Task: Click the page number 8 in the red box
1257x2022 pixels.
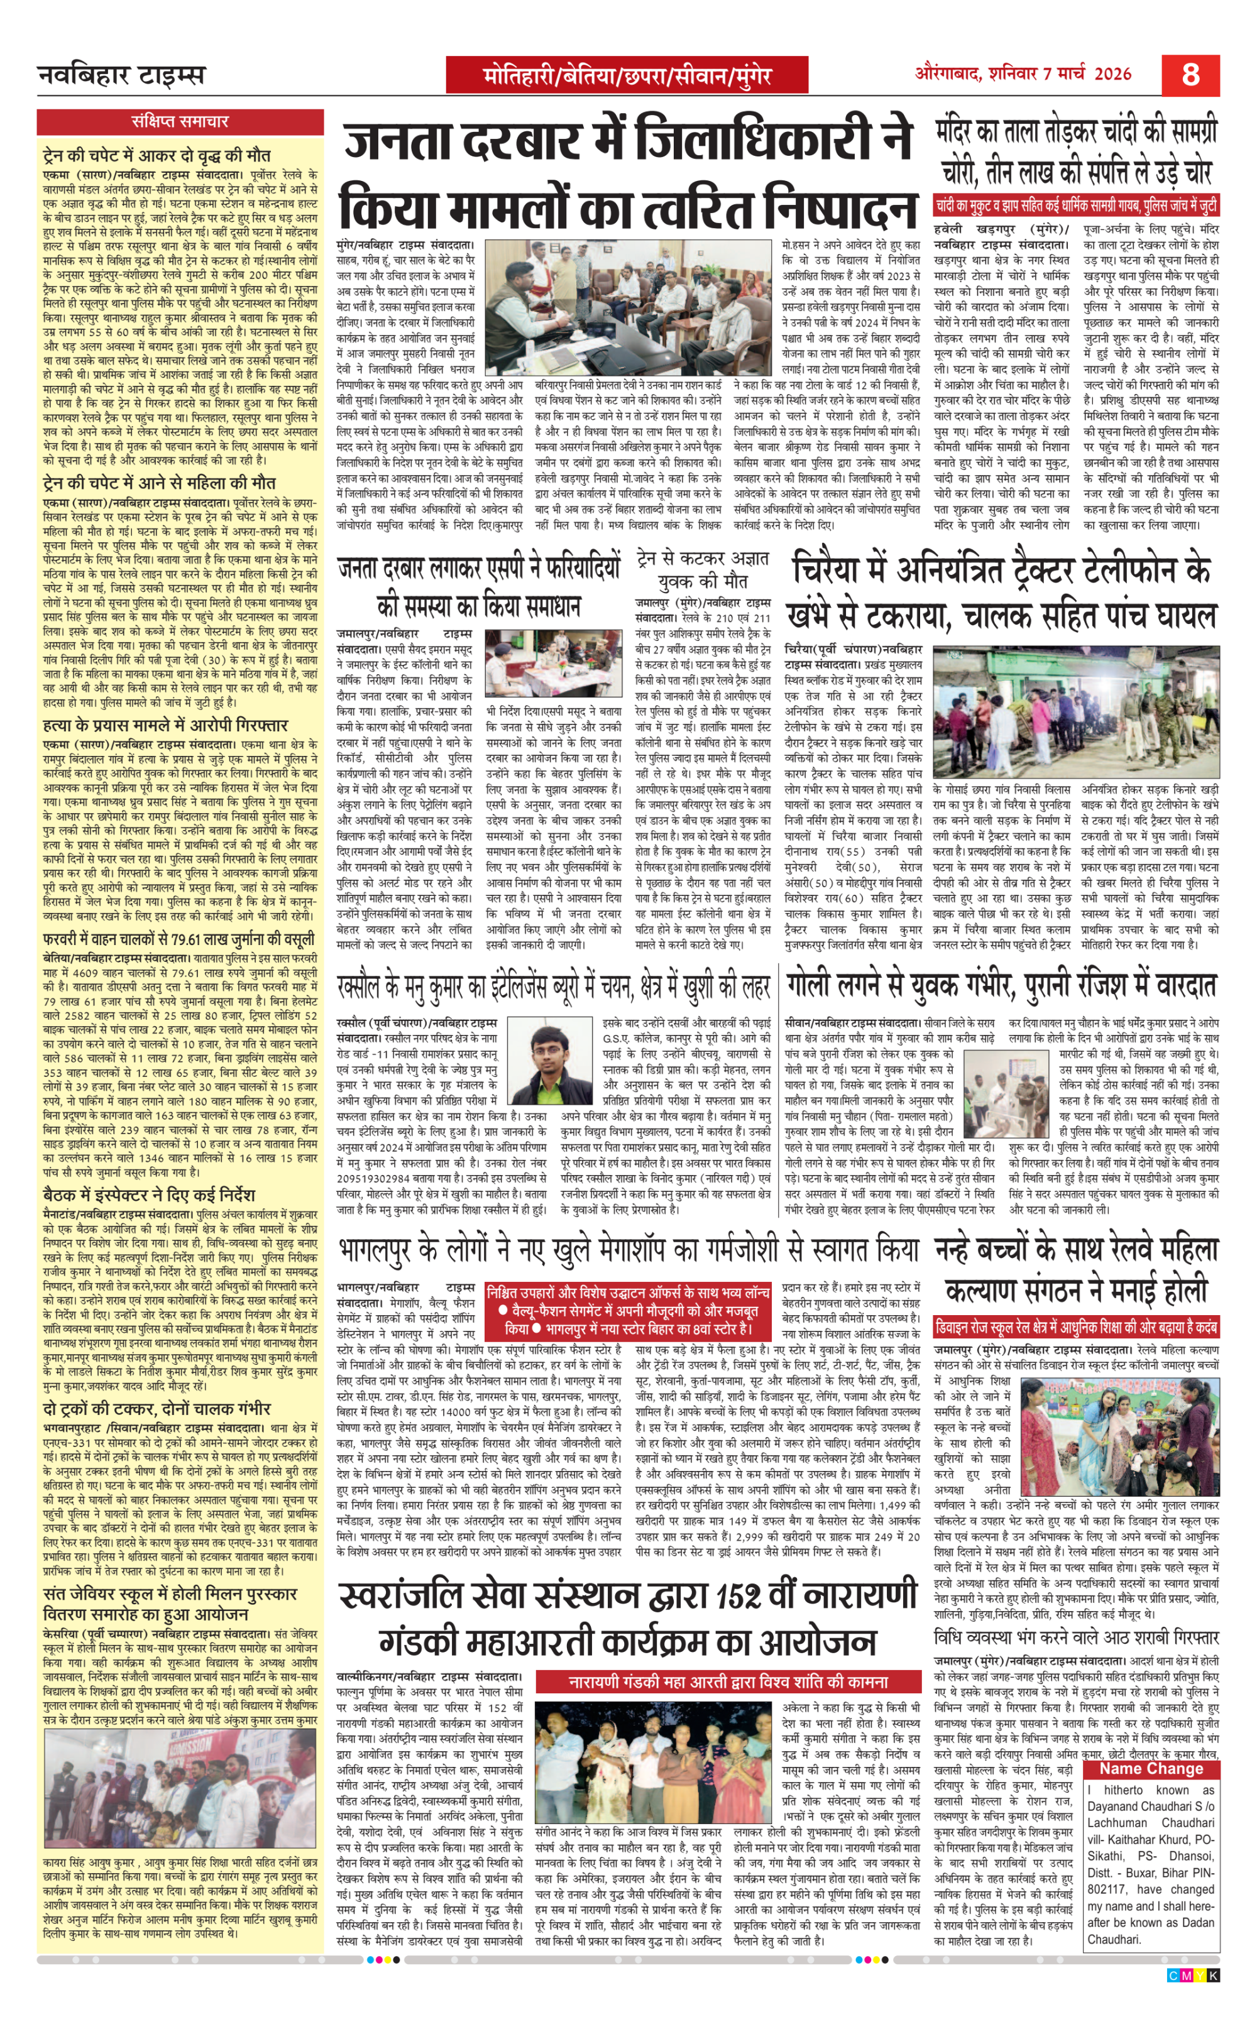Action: [1190, 75]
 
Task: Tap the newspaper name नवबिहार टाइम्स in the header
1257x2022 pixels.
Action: [121, 75]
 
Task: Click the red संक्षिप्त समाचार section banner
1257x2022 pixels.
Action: [180, 121]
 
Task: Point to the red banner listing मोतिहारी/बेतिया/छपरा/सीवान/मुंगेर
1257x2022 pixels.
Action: [628, 77]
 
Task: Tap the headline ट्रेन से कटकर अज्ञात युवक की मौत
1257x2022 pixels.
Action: [703, 569]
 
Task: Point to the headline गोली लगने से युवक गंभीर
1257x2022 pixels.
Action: [1001, 986]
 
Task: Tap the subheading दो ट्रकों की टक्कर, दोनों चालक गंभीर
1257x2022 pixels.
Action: [157, 1409]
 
